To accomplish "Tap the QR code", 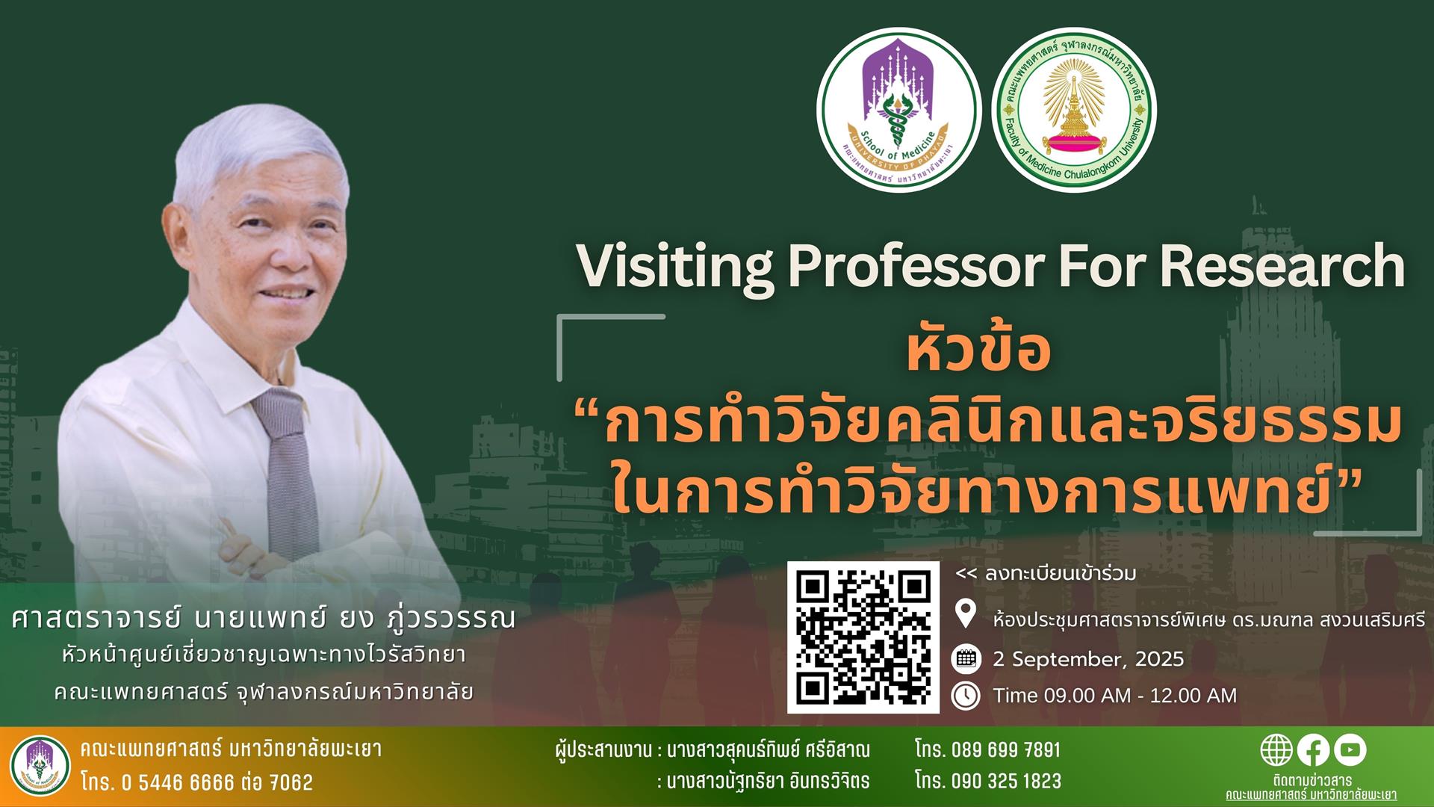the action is [x=863, y=637].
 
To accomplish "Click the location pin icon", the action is [x=966, y=614].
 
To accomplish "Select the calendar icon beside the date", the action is [x=966, y=658].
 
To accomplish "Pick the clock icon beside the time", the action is [x=966, y=696].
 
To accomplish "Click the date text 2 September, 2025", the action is [x=1088, y=660].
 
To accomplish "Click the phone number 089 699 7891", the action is [x=1006, y=749].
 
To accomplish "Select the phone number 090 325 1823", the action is [x=1006, y=782].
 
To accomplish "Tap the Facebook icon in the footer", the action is [x=1313, y=750].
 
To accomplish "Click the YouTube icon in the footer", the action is [x=1350, y=750].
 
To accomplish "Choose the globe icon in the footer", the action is [x=1276, y=750].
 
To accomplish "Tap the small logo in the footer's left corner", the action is [x=41, y=766].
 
